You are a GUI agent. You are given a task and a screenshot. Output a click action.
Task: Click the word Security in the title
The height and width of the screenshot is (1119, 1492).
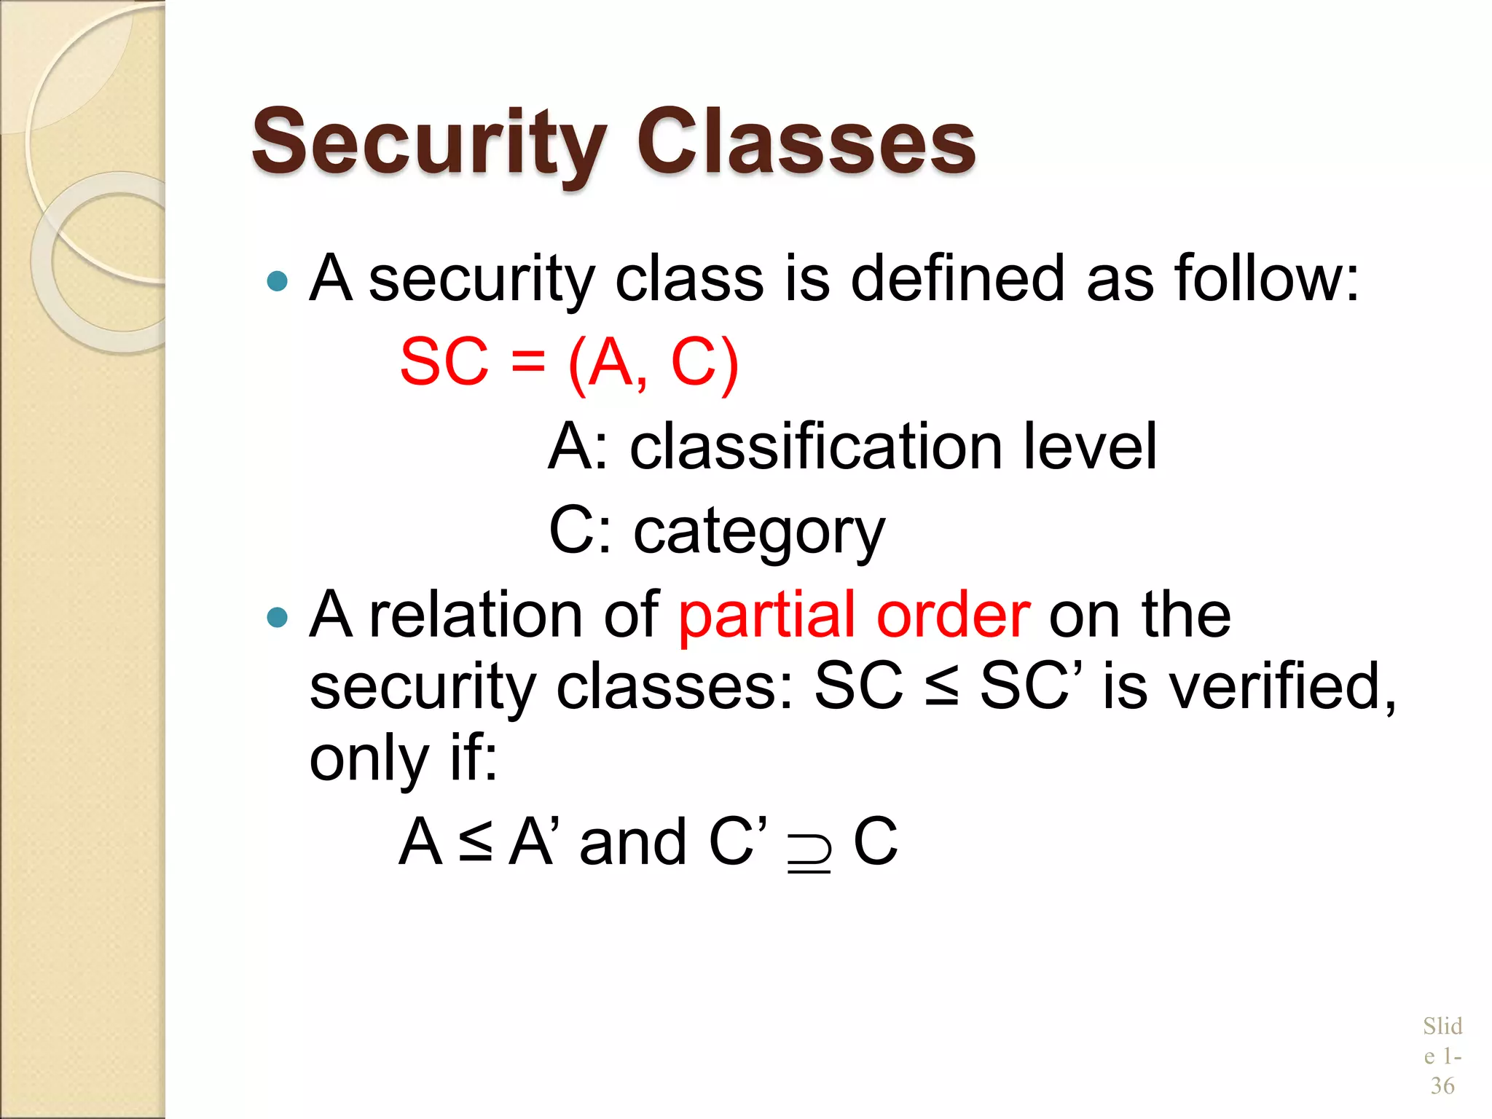point(428,143)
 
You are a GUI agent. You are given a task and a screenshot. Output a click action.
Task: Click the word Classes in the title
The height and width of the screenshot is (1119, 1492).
point(806,143)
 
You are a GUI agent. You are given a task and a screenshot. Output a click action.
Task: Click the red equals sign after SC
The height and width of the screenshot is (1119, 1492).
point(527,361)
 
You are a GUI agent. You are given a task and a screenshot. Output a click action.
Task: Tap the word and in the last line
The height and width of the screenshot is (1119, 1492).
point(633,842)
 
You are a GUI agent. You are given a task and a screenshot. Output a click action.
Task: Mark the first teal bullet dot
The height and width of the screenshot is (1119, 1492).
point(278,281)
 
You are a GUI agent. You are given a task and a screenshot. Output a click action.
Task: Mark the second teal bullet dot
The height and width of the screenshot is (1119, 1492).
point(278,619)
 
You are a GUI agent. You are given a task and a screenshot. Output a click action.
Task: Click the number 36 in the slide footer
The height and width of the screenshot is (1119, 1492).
point(1442,1085)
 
